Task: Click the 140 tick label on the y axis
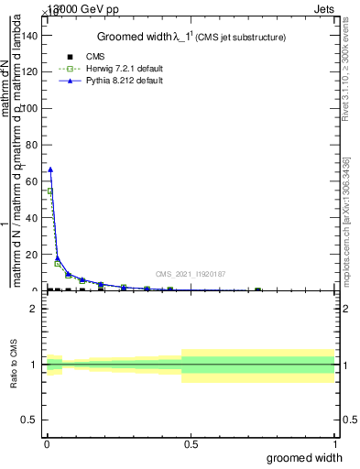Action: click(x=29, y=35)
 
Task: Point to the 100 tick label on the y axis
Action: click(x=29, y=108)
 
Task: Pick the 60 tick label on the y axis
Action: click(x=32, y=181)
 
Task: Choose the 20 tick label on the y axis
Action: click(x=32, y=255)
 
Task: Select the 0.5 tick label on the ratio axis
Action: click(x=29, y=420)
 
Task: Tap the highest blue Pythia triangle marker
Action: click(x=50, y=169)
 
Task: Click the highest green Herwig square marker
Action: click(x=50, y=191)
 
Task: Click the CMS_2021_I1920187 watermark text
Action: click(x=190, y=274)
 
